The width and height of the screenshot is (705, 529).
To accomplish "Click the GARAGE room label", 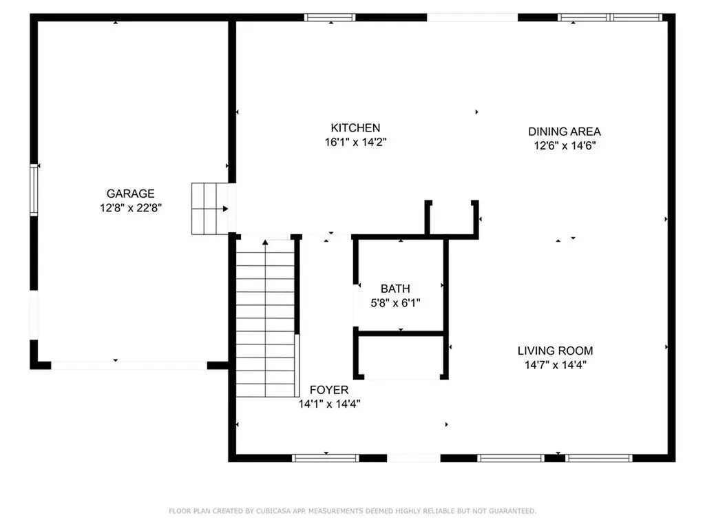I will [130, 194].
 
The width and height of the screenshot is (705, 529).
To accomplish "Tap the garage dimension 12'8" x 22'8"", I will [130, 207].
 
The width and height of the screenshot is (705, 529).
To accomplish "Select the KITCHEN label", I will [355, 128].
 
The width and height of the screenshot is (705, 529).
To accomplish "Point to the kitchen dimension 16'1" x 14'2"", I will [355, 142].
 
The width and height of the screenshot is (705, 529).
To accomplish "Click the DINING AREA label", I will [565, 132].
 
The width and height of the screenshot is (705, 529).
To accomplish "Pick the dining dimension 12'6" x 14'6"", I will [565, 145].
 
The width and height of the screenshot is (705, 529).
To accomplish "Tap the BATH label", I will [396, 289].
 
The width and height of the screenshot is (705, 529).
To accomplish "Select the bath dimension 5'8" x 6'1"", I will [396, 302].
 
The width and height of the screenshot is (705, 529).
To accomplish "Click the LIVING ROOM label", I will [555, 351].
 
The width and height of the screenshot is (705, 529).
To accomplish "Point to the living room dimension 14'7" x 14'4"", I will [555, 365].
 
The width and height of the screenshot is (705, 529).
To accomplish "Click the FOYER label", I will [328, 390].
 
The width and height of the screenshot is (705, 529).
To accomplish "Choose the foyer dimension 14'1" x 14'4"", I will [329, 404].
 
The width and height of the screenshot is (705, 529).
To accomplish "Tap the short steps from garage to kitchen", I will [209, 209].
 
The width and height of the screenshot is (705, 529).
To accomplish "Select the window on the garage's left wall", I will [34, 189].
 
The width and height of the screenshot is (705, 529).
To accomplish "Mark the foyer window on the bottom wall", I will [325, 457].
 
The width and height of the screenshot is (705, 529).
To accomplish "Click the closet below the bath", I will [401, 356].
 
